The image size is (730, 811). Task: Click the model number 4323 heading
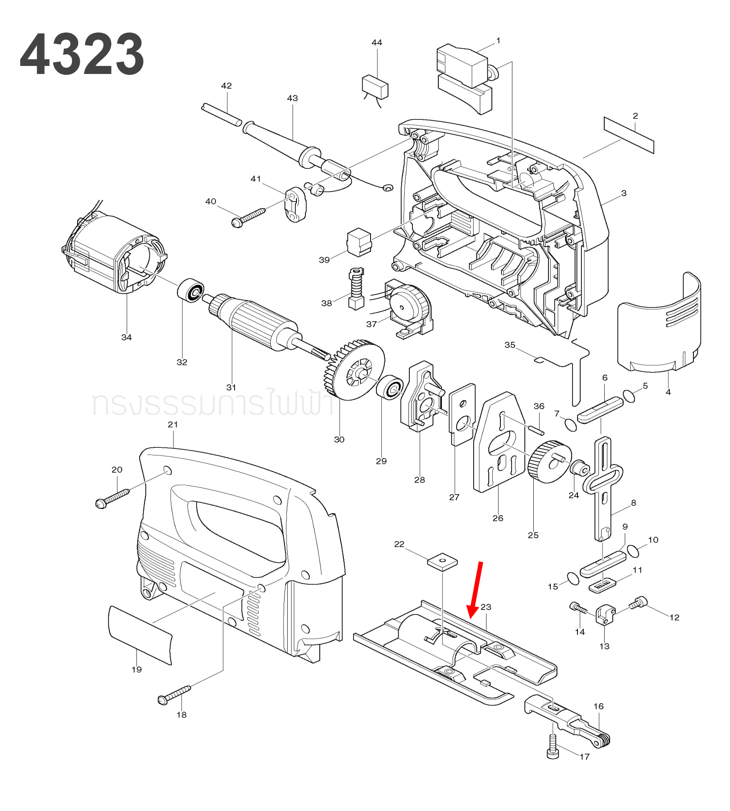point(82,54)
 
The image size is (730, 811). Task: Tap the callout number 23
point(486,607)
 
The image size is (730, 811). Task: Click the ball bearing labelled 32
point(191,290)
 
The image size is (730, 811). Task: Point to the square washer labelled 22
point(442,561)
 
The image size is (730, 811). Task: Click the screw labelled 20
point(112,498)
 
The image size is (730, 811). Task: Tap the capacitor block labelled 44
point(375,87)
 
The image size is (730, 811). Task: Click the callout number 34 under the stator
point(127,337)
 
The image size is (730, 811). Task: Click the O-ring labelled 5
point(629,396)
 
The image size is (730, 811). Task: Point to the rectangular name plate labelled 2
point(629,135)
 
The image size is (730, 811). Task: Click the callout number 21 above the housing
point(173,425)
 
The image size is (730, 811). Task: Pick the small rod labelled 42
point(222,115)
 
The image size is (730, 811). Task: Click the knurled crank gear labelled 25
point(549,462)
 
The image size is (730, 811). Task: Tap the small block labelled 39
point(359,242)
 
